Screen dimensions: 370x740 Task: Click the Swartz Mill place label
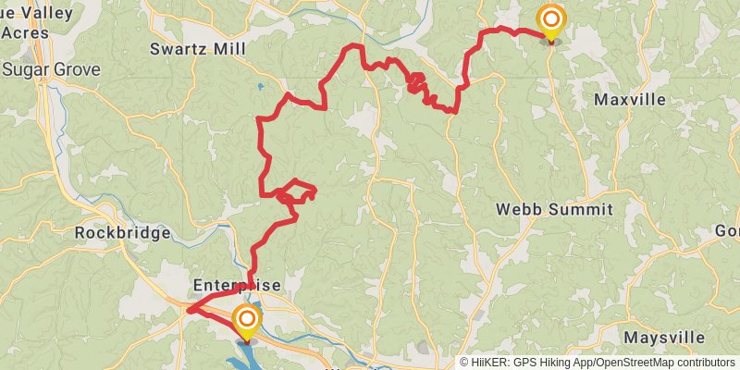tap(194, 50)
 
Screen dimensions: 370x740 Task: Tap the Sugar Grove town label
tap(44, 68)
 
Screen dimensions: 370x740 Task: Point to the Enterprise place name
tap(237, 285)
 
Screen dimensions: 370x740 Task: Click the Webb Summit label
tap(554, 210)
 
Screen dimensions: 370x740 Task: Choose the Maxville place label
tap(629, 99)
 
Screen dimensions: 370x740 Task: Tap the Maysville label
tap(664, 337)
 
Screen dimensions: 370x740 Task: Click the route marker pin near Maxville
tap(551, 20)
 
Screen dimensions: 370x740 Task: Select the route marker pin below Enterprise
tap(247, 321)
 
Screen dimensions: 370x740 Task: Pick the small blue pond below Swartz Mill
tap(262, 86)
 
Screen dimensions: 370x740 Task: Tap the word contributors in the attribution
tap(705, 363)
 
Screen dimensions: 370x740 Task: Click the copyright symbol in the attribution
tap(465, 363)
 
